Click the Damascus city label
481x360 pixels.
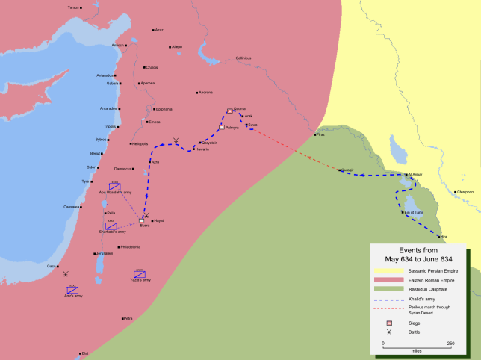[x=122, y=168]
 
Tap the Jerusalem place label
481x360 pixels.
[x=103, y=253]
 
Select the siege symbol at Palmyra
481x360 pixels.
[x=222, y=127]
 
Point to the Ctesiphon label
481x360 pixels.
[x=465, y=191]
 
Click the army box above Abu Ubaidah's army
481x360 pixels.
[x=114, y=185]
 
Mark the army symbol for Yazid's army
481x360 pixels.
[x=139, y=273]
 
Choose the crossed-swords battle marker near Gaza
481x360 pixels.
[x=66, y=275]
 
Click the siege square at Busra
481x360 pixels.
[x=141, y=220]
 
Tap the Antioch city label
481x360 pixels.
[x=117, y=45]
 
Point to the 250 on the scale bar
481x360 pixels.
[x=450, y=344]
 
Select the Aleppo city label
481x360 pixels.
[x=176, y=46]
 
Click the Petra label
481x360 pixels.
[x=128, y=318]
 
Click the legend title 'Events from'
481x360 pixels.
[x=418, y=250]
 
